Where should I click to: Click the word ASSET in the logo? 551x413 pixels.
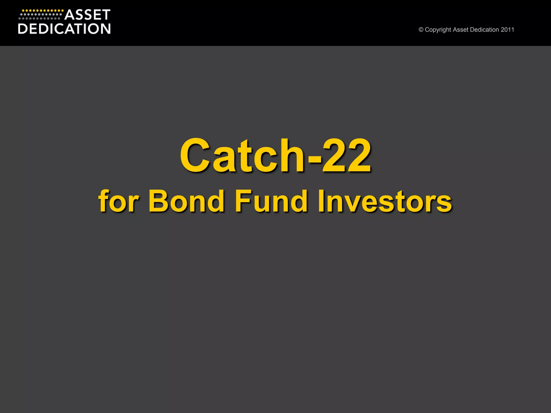[x=87, y=15]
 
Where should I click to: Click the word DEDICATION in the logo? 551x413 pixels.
[x=64, y=29]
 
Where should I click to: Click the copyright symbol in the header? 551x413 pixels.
[x=421, y=30]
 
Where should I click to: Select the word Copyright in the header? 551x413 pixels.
[x=438, y=30]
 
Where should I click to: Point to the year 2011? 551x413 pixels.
[x=507, y=30]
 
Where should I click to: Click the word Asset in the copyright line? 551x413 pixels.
[x=461, y=30]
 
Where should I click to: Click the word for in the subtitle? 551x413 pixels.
[x=119, y=201]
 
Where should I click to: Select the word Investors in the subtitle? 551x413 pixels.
[x=385, y=201]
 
